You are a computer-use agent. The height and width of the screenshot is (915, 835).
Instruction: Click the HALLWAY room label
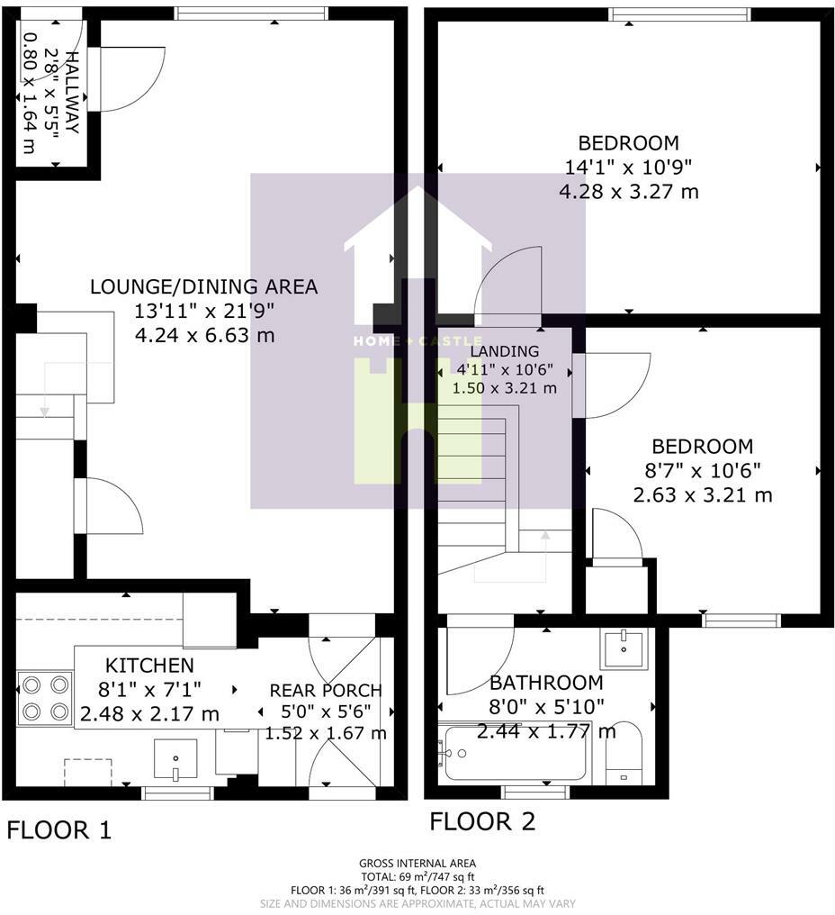click(x=72, y=92)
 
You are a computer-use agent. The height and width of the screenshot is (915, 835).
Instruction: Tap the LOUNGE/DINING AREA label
click(x=204, y=286)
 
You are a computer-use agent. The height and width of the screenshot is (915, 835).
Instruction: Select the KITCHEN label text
click(x=149, y=666)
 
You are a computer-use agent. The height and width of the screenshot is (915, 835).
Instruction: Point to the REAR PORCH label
click(x=326, y=691)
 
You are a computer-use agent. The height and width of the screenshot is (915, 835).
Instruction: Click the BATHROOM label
click(x=546, y=682)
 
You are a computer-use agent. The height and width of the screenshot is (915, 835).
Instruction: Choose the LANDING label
click(x=505, y=351)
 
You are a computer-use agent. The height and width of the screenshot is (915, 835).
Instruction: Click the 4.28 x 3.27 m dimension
click(x=629, y=192)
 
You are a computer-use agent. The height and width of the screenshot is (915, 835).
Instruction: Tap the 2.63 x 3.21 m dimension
click(x=703, y=494)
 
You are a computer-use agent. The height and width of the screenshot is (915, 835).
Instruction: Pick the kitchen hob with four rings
click(x=46, y=698)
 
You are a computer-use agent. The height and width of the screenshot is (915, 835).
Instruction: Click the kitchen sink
click(x=175, y=759)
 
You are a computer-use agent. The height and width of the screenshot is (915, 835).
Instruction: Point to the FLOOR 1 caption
click(x=58, y=829)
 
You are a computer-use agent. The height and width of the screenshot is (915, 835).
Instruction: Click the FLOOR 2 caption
click(x=482, y=821)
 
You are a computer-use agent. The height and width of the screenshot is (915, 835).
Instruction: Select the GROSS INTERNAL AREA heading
click(x=417, y=863)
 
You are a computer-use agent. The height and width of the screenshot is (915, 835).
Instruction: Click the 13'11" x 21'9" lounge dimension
click(x=204, y=311)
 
